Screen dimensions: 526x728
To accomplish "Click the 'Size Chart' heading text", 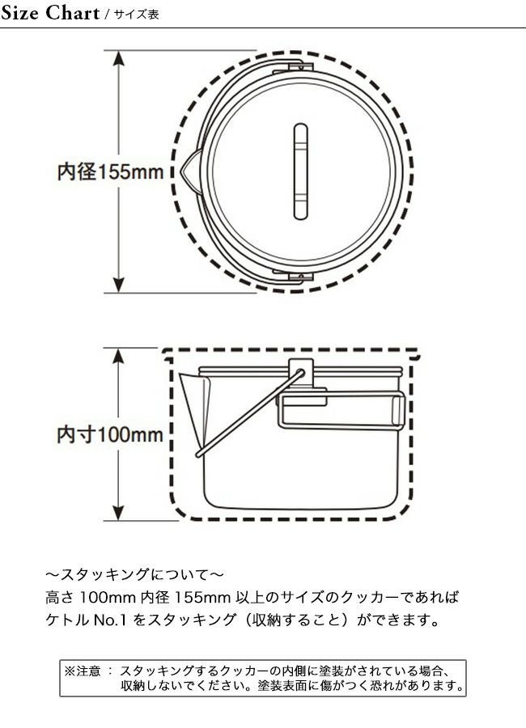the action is [50, 13].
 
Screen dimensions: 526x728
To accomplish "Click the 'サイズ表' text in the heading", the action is [137, 15].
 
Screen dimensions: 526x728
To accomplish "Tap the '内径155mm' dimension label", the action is [111, 171].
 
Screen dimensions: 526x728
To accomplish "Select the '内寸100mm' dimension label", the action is [110, 434].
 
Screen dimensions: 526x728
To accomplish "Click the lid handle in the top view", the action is [301, 171].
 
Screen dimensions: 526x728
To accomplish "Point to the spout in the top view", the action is [192, 171].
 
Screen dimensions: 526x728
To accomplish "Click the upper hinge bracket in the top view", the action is [294, 67].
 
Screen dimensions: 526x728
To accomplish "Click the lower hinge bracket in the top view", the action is [294, 277].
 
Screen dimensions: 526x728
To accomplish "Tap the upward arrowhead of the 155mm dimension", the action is [119, 58].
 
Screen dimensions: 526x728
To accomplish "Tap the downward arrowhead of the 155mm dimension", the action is [119, 285].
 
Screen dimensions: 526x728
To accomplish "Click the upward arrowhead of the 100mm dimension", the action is [119, 357].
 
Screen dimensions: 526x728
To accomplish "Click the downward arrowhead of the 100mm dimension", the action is [119, 512].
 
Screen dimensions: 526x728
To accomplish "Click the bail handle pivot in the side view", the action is [301, 372].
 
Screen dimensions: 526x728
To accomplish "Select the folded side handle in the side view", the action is [341, 409].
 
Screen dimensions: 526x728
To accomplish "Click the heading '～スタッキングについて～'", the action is [135, 575].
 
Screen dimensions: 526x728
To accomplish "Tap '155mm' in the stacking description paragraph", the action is [202, 597].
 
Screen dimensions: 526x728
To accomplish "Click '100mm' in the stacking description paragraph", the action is [108, 597].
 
